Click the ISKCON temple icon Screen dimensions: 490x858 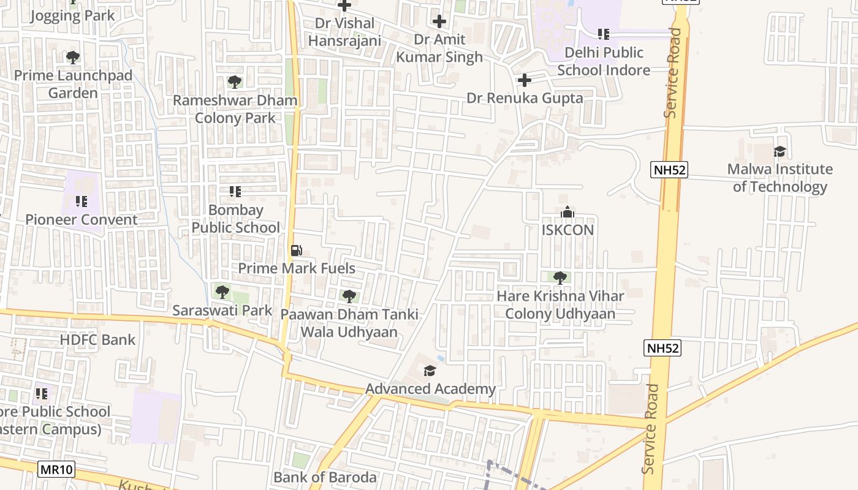568,212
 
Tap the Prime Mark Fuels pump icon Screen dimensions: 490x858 296,251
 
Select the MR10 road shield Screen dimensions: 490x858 56,470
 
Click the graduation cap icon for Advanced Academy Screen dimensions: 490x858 430,371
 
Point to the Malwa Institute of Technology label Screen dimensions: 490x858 780,178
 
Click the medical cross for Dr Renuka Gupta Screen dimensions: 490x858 525,80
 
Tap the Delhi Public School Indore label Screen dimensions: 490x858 604,61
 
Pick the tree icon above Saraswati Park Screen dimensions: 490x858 222,292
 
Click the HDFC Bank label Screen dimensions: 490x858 97,339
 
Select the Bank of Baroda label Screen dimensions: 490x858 325,477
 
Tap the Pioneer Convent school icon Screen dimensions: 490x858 82,201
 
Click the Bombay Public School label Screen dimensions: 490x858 235,219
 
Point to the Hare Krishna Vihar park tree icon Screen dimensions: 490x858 559,277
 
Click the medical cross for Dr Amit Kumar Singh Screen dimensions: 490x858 439,21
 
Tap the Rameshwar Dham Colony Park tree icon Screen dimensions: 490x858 234,81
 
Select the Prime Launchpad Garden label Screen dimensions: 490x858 73,84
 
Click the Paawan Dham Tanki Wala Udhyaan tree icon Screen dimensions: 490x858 349,296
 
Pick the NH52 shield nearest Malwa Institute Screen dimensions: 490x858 669,170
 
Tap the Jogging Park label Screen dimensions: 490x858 72,16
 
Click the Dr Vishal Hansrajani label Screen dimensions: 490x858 344,32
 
